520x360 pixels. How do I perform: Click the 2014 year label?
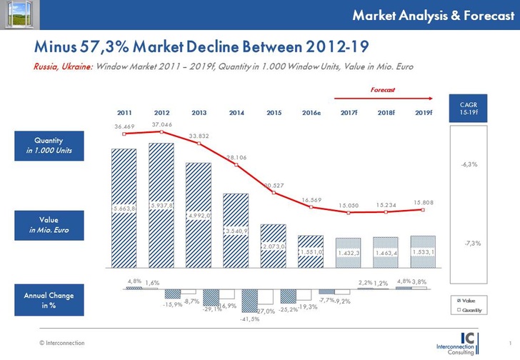(236, 113)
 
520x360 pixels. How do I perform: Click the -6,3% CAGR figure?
(469, 164)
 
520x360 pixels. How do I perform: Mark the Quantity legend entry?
(469, 310)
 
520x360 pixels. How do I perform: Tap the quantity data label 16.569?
(311, 201)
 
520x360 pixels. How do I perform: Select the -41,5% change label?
(250, 319)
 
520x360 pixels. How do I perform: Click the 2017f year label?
(349, 113)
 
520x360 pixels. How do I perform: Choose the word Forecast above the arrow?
(381, 90)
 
